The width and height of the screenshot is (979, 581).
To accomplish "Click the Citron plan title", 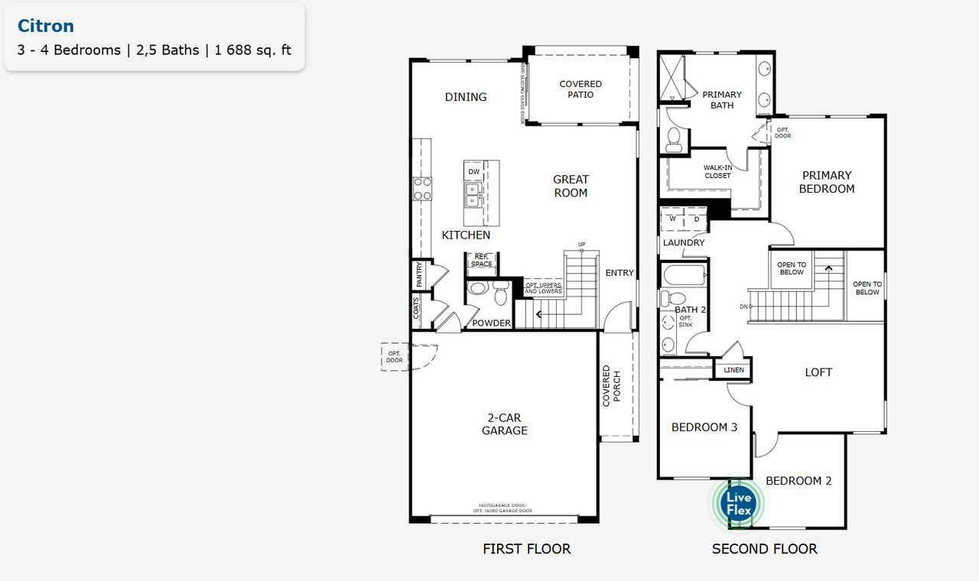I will tap(46, 26).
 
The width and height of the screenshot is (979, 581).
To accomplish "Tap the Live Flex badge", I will tap(740, 504).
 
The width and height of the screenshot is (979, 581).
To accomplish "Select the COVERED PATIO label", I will tap(581, 89).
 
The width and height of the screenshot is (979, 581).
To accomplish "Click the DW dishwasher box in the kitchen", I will tap(474, 171).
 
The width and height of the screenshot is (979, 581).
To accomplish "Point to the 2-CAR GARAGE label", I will tap(504, 424).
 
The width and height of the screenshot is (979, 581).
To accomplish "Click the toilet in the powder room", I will tap(501, 293).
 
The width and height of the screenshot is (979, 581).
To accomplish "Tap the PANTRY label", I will tap(419, 275).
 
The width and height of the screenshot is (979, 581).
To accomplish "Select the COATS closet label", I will tap(417, 310).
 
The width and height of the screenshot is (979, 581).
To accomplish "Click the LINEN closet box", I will tap(733, 370).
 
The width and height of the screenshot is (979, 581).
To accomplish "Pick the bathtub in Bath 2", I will tap(684, 274).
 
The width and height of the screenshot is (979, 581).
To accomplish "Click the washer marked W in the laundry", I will tap(672, 219).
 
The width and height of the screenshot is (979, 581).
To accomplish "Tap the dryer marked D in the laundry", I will tap(696, 219).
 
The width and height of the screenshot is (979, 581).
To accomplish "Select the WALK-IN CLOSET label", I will tap(717, 170).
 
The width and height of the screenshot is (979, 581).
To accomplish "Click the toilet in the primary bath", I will tap(675, 138).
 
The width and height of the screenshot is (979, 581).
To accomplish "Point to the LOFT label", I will tap(818, 372).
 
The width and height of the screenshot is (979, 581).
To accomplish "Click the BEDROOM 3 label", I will tap(704, 427).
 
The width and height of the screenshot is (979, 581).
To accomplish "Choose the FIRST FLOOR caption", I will tap(526, 549).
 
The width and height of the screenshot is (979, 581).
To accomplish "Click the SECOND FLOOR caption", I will tap(764, 549).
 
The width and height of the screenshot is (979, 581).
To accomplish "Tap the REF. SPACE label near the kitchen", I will tap(482, 261).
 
